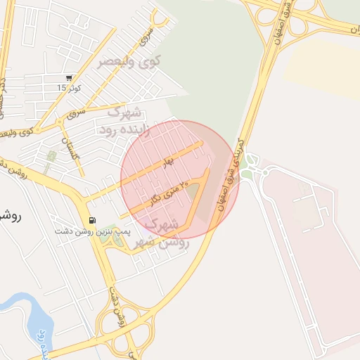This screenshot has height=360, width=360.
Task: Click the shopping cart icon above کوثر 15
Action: coord(68,78)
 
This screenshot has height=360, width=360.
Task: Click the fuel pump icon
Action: coord(93,219)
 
